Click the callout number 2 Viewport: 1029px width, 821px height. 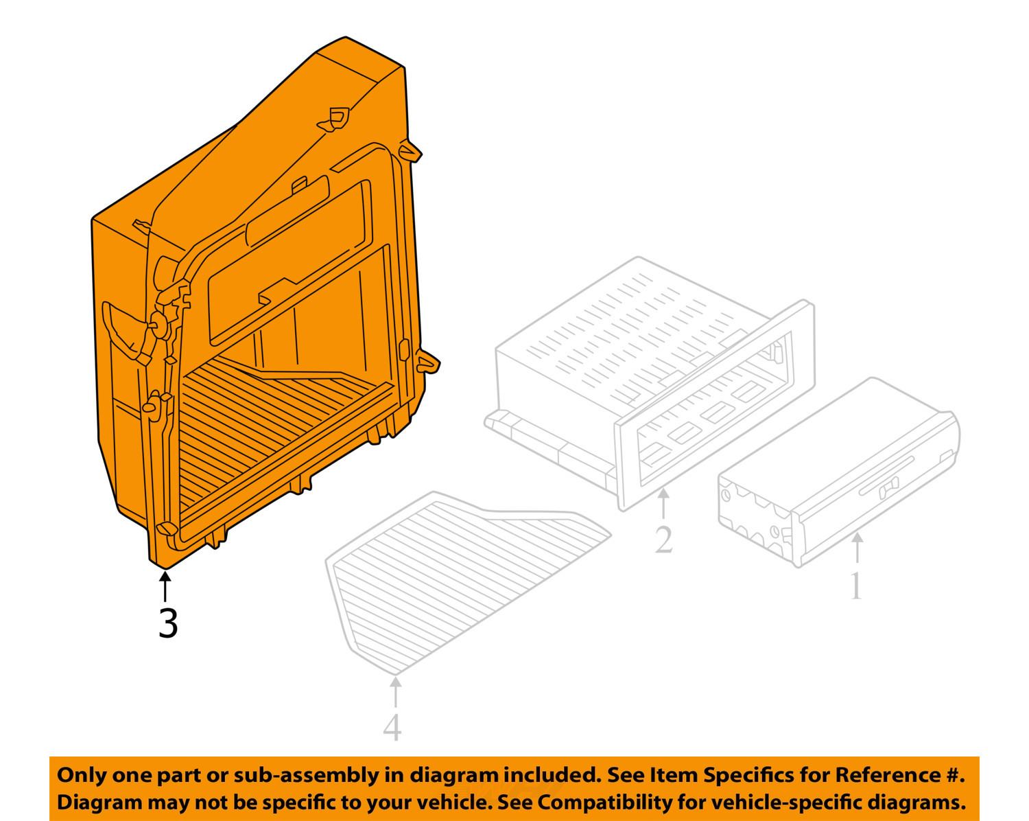point(663,539)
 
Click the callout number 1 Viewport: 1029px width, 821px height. point(857,586)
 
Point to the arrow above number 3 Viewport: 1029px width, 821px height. point(165,587)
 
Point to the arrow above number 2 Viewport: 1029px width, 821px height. point(663,505)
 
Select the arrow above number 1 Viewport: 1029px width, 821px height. point(858,548)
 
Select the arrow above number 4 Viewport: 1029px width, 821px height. point(395,692)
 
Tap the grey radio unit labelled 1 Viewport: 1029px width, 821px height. point(840,472)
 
